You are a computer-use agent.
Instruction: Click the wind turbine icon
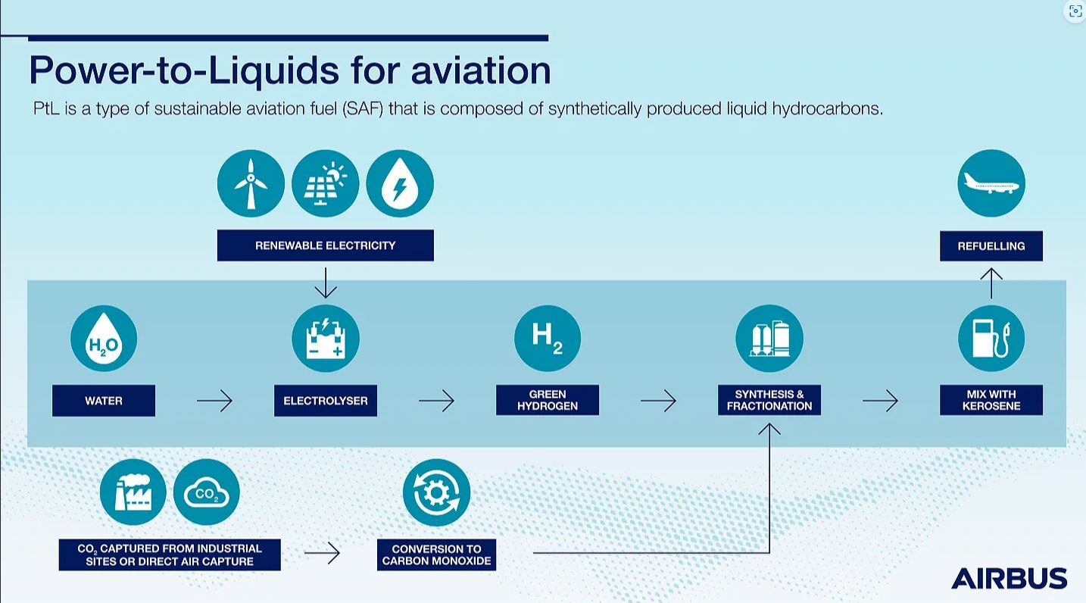point(251,183)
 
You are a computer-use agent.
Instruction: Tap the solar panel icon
point(326,183)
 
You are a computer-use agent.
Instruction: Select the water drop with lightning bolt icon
point(400,183)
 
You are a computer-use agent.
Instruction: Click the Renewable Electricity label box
point(326,245)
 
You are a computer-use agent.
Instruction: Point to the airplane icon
point(991,183)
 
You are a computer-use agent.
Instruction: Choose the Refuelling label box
point(991,246)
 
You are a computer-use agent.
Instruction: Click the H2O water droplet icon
point(104,338)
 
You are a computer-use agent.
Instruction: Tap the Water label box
point(104,401)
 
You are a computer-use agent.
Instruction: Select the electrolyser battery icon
point(326,338)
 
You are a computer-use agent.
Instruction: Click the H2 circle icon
point(548,338)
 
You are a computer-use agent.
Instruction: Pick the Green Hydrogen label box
point(548,400)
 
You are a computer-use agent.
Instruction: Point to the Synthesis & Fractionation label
point(769,400)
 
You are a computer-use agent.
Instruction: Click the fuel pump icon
point(991,338)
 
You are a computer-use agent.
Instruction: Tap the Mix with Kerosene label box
point(991,400)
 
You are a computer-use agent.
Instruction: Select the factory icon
point(133,492)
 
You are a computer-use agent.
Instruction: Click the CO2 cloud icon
point(207,492)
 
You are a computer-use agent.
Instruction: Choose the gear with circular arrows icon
point(436,492)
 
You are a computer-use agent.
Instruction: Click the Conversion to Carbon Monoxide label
point(436,555)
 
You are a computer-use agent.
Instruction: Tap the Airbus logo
point(1010,578)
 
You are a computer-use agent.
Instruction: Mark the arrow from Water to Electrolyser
point(215,401)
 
